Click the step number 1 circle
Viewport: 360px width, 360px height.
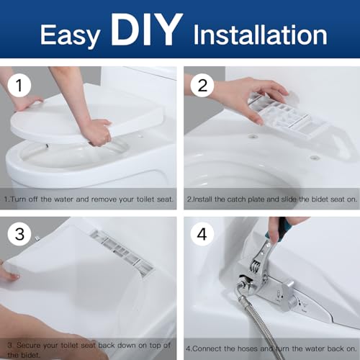point(22,87)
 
